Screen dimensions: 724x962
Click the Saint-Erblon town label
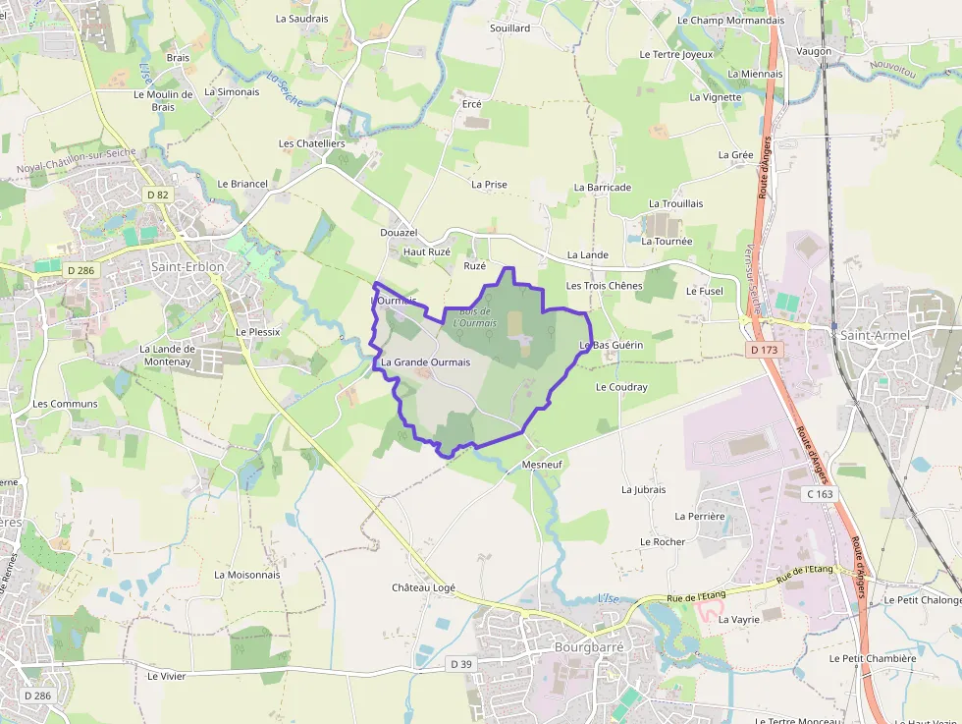pyautogui.click(x=187, y=266)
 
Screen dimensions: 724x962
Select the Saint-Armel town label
pyautogui.click(x=875, y=335)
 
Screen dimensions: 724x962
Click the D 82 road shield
pyautogui.click(x=157, y=195)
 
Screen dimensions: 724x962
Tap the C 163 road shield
pyautogui.click(x=820, y=494)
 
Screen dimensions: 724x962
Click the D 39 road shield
pyautogui.click(x=461, y=664)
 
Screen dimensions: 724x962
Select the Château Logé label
pyautogui.click(x=424, y=587)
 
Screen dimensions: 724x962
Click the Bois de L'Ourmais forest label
pyautogui.click(x=475, y=317)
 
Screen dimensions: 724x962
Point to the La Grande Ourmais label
pyautogui.click(x=425, y=362)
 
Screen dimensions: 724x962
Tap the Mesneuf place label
pyautogui.click(x=542, y=464)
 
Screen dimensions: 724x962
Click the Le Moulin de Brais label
pyautogui.click(x=163, y=100)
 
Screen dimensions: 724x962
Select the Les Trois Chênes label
pyautogui.click(x=604, y=286)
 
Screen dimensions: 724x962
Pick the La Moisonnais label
pyautogui.click(x=247, y=575)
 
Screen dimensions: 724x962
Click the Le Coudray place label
pyautogui.click(x=621, y=387)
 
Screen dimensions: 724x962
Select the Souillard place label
pyautogui.click(x=509, y=28)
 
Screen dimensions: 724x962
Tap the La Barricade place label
pyautogui.click(x=603, y=187)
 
